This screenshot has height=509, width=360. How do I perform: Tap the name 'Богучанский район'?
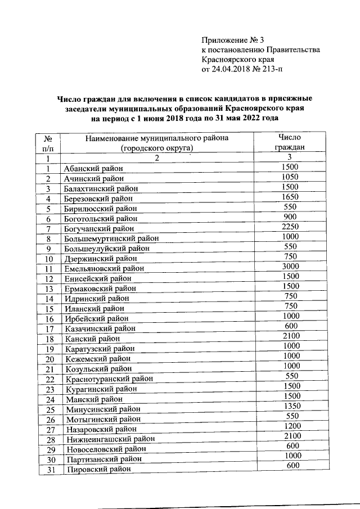[x=100, y=228]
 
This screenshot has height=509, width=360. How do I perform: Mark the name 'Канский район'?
[x=92, y=339]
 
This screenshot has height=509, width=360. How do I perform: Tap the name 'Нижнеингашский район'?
[x=109, y=439]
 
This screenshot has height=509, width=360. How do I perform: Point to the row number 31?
[x=49, y=470]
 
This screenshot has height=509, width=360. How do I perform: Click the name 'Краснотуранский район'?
[x=109, y=379]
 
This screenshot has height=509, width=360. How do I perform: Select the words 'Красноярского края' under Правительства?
[x=237, y=60]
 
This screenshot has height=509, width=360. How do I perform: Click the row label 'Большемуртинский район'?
[x=111, y=238]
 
